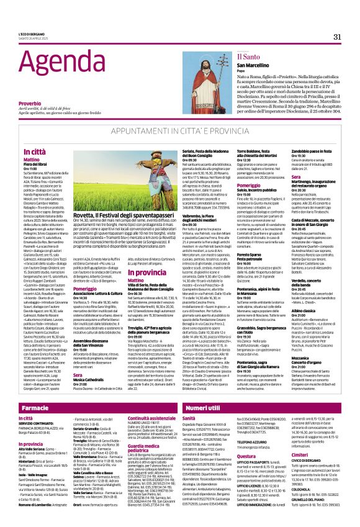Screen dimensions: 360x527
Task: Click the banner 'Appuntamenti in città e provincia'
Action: point(179,132)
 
